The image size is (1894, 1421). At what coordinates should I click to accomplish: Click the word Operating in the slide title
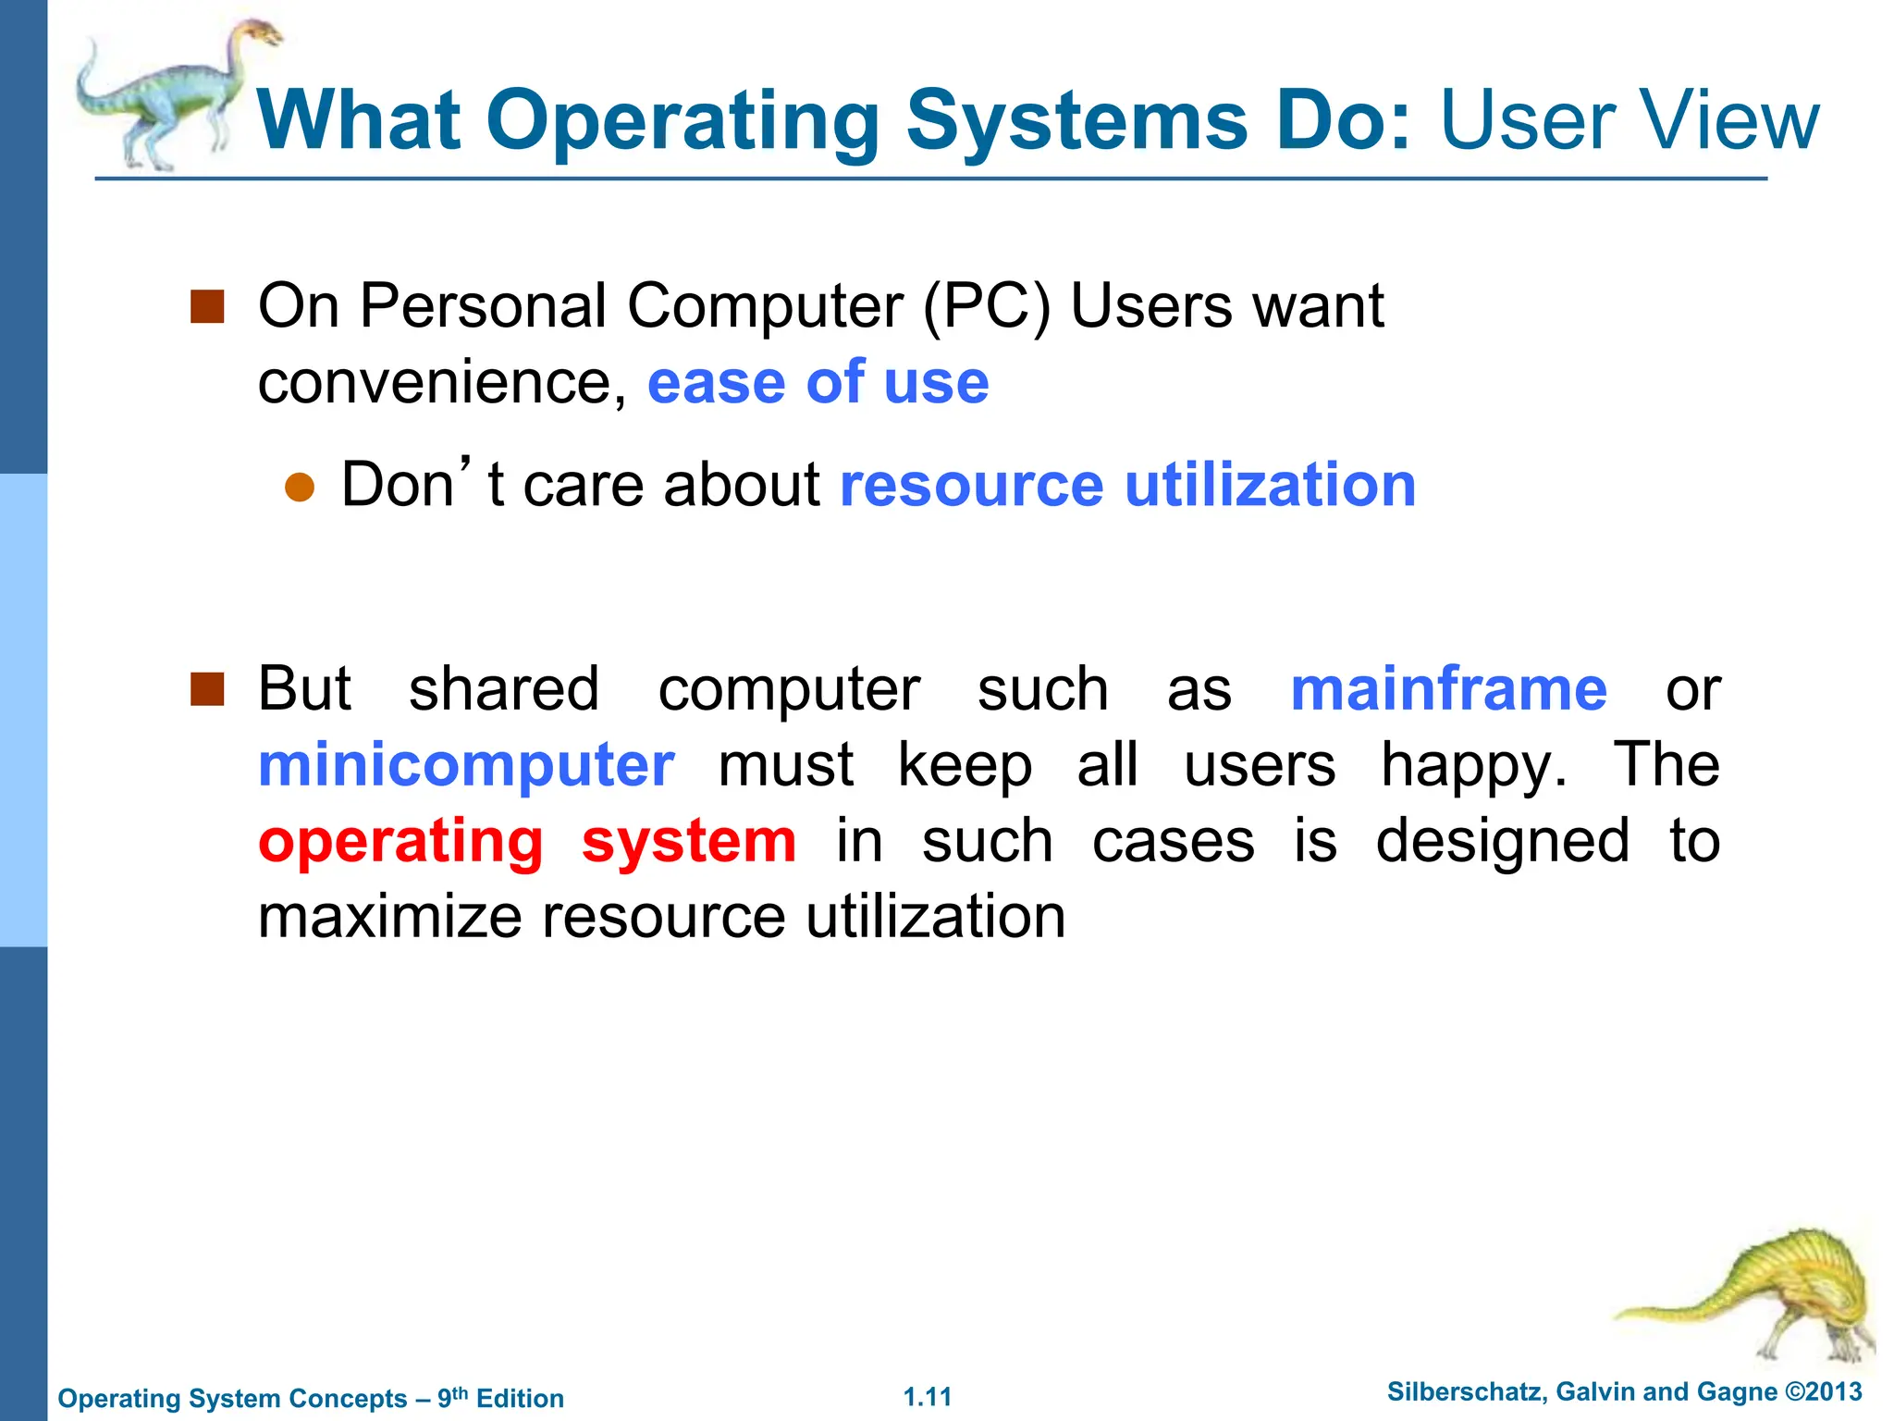(x=683, y=121)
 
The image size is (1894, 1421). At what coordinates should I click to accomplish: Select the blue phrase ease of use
(x=818, y=382)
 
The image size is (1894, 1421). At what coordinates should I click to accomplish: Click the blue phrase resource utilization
(x=1127, y=485)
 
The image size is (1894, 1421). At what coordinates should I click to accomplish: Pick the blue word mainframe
(x=1448, y=689)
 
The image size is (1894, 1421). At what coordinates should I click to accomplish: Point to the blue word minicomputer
(x=466, y=765)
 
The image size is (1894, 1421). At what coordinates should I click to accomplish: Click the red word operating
(x=400, y=842)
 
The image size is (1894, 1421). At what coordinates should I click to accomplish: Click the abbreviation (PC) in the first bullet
(x=987, y=306)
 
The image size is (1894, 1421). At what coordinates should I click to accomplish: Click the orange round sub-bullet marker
(x=300, y=487)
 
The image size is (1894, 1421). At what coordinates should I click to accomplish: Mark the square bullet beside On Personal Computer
(x=207, y=306)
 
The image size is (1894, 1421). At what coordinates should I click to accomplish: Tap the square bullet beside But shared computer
(x=207, y=689)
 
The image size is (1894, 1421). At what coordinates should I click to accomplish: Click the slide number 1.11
(x=927, y=1397)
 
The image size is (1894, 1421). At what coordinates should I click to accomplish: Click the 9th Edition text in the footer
(x=500, y=1398)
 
